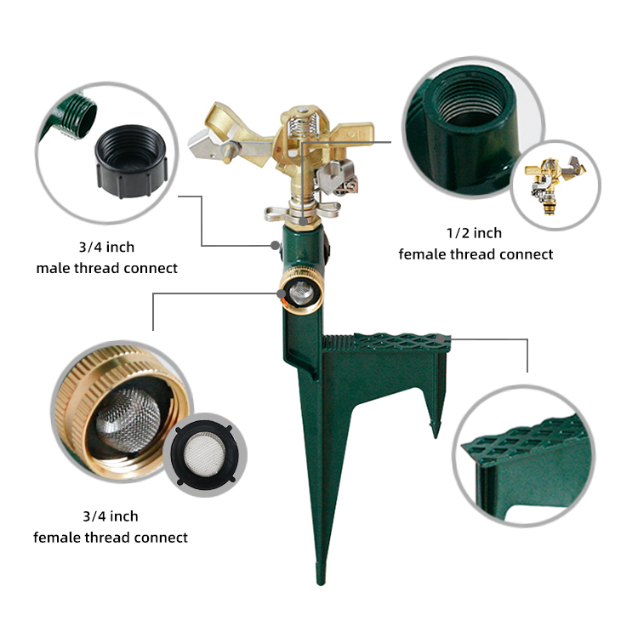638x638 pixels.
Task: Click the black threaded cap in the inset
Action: [131, 161]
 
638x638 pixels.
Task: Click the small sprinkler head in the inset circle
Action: [555, 185]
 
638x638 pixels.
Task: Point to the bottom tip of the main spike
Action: [321, 584]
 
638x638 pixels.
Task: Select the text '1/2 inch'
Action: [474, 233]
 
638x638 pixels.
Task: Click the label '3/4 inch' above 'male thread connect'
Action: [106, 247]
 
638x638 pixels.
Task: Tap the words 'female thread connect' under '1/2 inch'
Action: [476, 254]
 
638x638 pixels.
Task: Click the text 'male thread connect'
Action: [107, 268]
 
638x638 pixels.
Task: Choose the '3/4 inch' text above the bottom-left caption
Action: [111, 516]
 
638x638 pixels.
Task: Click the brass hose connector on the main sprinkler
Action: [302, 291]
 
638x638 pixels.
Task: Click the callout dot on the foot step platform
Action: [441, 339]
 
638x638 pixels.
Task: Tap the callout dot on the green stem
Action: [275, 245]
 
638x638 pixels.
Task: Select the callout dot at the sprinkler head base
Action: [304, 221]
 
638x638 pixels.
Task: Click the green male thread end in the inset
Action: [78, 115]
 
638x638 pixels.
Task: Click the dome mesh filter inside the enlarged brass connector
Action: [128, 419]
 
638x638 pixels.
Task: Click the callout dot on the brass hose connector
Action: [282, 293]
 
